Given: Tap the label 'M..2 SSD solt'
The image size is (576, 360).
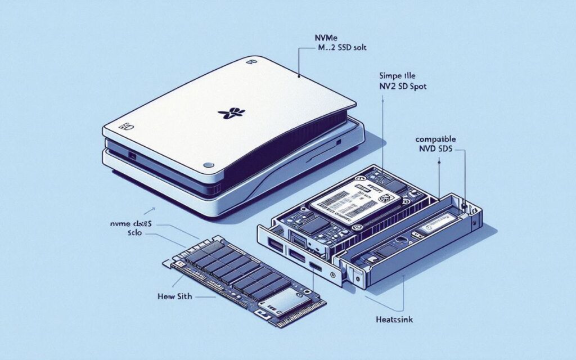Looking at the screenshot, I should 339,49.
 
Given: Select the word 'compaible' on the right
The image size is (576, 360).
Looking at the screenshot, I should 435,138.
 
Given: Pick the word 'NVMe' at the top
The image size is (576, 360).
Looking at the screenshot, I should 325,38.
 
